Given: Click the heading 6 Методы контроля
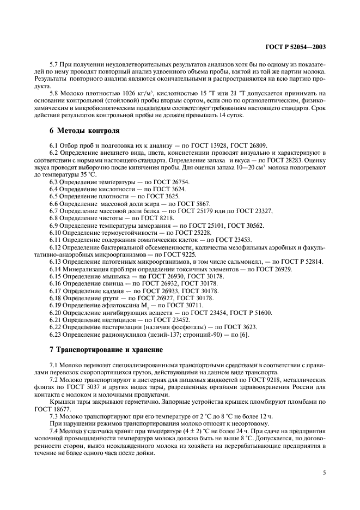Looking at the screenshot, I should tap(82, 130).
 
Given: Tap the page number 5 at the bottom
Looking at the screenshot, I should tap(324, 472).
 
